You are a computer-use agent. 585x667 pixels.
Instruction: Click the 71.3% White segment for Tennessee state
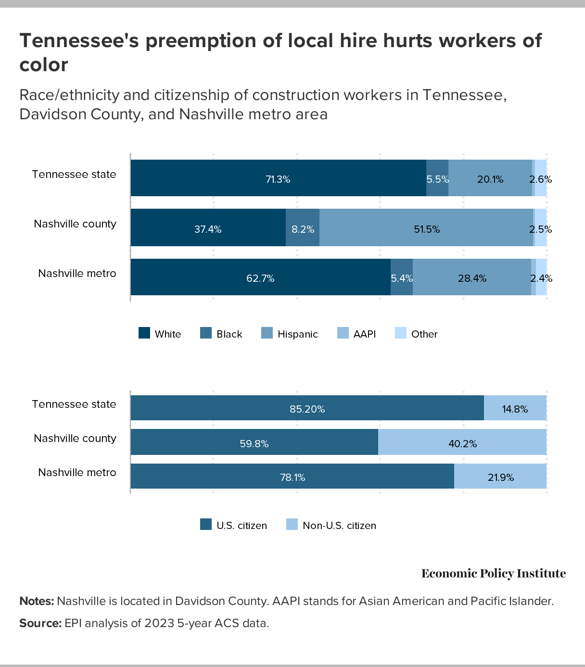pyautogui.click(x=278, y=178)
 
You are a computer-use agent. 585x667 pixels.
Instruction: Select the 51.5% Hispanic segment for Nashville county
pyautogui.click(x=426, y=228)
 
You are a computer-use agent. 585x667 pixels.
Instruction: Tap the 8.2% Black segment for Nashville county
pyautogui.click(x=303, y=228)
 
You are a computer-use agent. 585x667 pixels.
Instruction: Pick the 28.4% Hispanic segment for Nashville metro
pyautogui.click(x=472, y=277)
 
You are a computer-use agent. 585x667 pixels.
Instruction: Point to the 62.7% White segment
pyautogui.click(x=260, y=277)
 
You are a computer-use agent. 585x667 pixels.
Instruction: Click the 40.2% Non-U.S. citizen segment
pyautogui.click(x=462, y=442)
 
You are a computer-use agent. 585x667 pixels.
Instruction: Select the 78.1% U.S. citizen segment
pyautogui.click(x=292, y=477)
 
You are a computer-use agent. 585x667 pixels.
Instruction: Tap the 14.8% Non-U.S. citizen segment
pyautogui.click(x=515, y=408)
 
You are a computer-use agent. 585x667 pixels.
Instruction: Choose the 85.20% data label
pyautogui.click(x=307, y=409)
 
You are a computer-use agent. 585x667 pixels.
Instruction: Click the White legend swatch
pyautogui.click(x=144, y=333)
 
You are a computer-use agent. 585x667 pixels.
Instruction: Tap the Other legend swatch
pyautogui.click(x=401, y=333)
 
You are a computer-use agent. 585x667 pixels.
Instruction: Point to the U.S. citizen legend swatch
pyautogui.click(x=206, y=525)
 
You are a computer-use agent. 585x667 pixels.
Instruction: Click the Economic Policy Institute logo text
pyautogui.click(x=494, y=573)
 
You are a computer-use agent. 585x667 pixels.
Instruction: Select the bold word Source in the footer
pyautogui.click(x=40, y=623)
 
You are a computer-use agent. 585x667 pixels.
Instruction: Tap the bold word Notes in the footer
pyautogui.click(x=37, y=601)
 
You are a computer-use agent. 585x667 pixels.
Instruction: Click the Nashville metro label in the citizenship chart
pyautogui.click(x=77, y=473)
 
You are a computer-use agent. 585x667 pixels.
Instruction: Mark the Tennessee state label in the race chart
pyautogui.click(x=74, y=175)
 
